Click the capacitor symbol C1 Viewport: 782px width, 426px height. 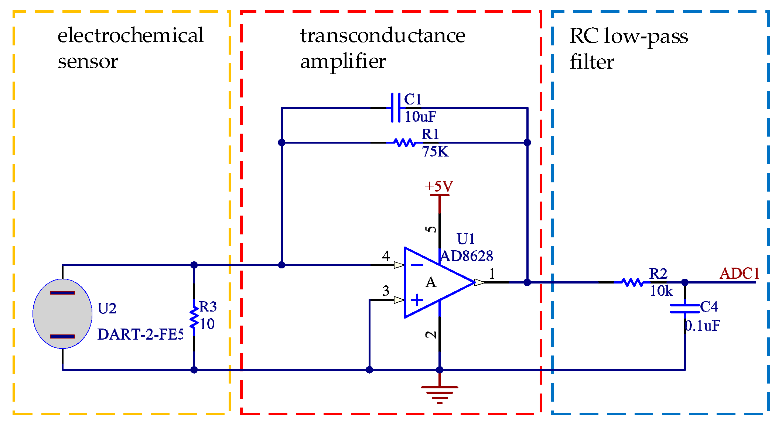coord(396,107)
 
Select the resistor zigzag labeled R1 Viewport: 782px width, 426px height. coord(405,142)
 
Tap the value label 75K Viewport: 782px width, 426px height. coord(435,152)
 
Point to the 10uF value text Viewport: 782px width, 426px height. coord(420,117)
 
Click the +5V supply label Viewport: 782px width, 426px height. coord(439,186)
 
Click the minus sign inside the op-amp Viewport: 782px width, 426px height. coord(417,265)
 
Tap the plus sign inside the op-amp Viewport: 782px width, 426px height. coord(417,300)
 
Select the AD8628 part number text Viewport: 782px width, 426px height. coord(467,256)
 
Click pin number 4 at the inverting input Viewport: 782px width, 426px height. coord(386,256)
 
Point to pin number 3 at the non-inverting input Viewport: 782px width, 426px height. coord(386,291)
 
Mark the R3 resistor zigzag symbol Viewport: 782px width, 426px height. coord(194,317)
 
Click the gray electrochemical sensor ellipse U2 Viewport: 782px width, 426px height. coord(62,313)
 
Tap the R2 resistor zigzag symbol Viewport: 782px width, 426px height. coord(632,282)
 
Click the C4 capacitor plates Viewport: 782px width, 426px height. coord(684,309)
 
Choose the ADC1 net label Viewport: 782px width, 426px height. coord(739,274)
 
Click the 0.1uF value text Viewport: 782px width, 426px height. coord(702,326)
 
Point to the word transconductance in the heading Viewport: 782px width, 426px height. coord(383,36)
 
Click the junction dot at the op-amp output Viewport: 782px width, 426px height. coord(527,282)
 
